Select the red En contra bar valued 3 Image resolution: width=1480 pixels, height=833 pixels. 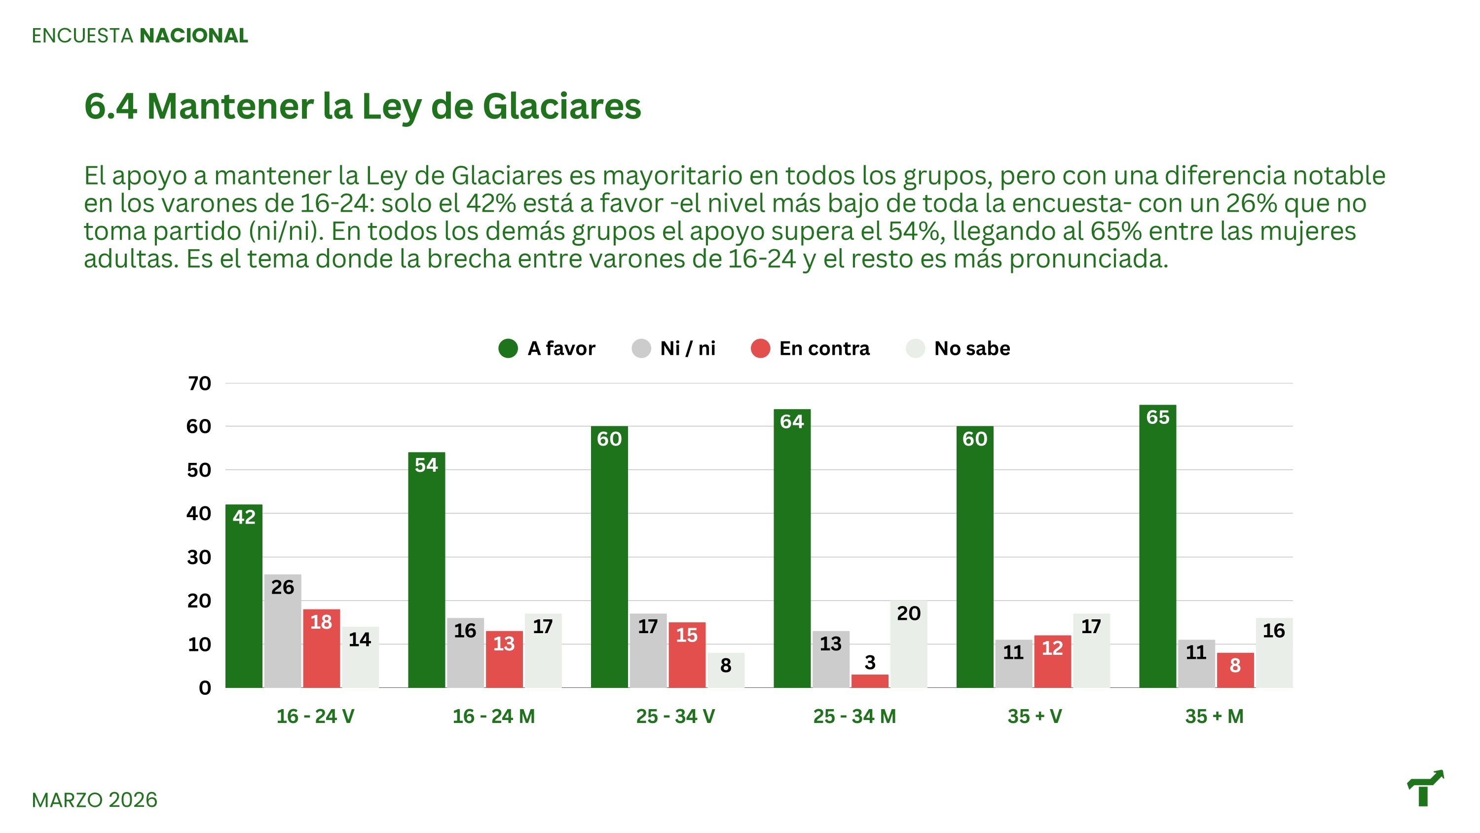869,681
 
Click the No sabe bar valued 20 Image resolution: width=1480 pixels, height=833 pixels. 908,644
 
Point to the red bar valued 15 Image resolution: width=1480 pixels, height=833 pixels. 687,655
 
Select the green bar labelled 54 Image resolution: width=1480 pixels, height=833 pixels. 426,569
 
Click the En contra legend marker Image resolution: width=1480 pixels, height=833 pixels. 760,348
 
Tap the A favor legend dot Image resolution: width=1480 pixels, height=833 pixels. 508,348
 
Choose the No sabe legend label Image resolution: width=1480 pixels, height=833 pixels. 971,348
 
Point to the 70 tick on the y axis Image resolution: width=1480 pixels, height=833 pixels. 199,383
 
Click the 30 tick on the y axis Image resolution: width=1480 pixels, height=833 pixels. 199,557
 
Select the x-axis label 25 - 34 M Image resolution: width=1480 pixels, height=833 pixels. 854,717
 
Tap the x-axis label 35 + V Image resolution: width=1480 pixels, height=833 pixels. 1035,717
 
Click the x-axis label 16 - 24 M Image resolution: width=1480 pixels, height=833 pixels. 493,717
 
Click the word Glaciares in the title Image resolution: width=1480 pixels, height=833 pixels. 561,107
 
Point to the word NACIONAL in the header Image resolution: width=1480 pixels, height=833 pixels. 193,36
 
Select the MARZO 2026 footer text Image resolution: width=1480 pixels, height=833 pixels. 94,799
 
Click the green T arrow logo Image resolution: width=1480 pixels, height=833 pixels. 1425,788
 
